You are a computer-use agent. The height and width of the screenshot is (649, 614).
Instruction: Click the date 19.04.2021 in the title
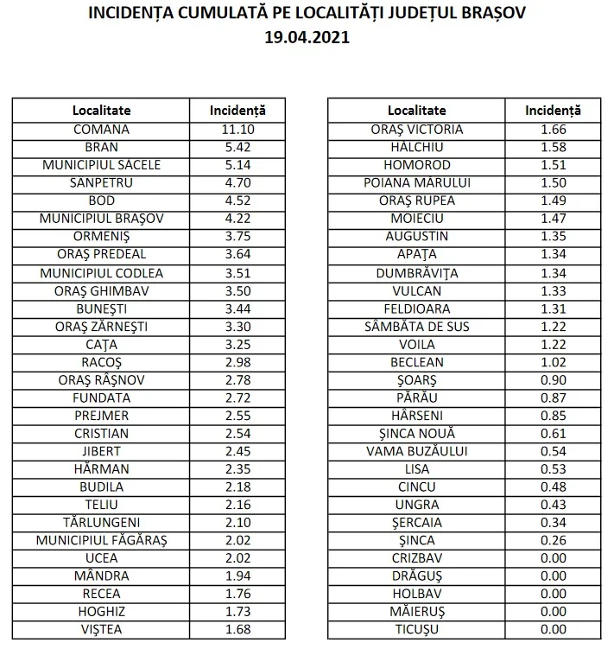(307, 39)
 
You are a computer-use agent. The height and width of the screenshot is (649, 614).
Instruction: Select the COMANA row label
(101, 130)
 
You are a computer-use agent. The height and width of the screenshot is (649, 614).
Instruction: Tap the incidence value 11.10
(237, 130)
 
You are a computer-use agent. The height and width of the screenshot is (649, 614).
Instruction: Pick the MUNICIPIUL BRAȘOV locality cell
(101, 219)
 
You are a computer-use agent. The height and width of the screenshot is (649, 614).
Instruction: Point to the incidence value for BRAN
(237, 147)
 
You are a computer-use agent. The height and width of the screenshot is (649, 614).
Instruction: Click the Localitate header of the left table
(101, 111)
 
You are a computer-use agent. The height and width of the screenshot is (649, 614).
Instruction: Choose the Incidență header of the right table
(553, 111)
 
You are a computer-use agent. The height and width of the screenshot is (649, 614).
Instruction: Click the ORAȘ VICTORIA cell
(417, 130)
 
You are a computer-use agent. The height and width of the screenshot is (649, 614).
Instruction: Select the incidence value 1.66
(553, 130)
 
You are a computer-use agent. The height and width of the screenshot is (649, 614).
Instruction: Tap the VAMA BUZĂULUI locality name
(417, 451)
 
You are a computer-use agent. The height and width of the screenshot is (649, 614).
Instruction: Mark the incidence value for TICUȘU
(553, 630)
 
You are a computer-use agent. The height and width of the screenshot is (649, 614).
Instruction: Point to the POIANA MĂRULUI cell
(417, 183)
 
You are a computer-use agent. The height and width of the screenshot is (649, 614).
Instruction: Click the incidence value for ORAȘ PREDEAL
(237, 254)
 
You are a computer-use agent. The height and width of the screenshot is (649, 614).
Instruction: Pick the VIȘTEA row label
(101, 630)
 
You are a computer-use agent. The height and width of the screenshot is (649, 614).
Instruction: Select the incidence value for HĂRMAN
(237, 469)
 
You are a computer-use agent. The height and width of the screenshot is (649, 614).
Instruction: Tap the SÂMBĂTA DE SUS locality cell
(417, 326)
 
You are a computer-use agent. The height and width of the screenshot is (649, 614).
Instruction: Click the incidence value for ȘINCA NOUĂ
(553, 433)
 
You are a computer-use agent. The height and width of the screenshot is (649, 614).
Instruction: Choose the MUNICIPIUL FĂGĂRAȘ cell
(101, 540)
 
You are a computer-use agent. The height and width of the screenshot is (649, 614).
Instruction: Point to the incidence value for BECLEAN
(553, 362)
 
